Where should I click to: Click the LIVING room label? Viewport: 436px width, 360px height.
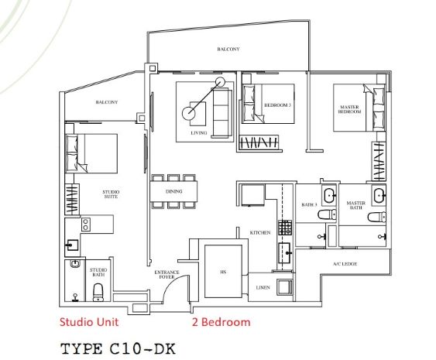pyautogui.click(x=199, y=133)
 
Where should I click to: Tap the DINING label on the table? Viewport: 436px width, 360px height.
pyautogui.click(x=174, y=191)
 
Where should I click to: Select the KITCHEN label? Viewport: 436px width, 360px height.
pyautogui.click(x=260, y=232)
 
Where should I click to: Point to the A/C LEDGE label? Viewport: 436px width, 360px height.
pyautogui.click(x=345, y=264)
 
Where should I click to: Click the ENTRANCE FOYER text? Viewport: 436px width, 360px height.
pyautogui.click(x=167, y=274)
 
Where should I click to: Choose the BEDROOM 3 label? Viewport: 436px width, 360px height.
pyautogui.click(x=277, y=105)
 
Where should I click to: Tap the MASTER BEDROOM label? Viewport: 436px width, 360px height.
pyautogui.click(x=349, y=109)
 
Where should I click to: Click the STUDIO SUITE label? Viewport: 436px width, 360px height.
pyautogui.click(x=111, y=194)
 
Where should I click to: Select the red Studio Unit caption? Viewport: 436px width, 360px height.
pyautogui.click(x=89, y=322)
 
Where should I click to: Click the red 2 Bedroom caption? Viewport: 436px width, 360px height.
pyautogui.click(x=221, y=322)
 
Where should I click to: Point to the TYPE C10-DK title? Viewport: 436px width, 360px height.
pyautogui.click(x=118, y=348)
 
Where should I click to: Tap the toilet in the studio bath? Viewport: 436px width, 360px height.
pyautogui.click(x=98, y=293)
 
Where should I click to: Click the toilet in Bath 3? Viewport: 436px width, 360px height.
pyautogui.click(x=327, y=214)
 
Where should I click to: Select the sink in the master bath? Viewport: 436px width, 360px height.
pyautogui.click(x=379, y=195)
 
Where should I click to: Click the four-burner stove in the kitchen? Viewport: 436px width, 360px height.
pyautogui.click(x=285, y=228)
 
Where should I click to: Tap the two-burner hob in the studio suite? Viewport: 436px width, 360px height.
pyautogui.click(x=86, y=225)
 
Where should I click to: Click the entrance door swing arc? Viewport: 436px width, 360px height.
pyautogui.click(x=173, y=283)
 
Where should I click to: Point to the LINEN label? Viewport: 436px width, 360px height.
pyautogui.click(x=263, y=287)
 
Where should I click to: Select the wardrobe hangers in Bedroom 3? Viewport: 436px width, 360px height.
pyautogui.click(x=259, y=143)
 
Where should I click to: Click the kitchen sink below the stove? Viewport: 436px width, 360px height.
pyautogui.click(x=285, y=252)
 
